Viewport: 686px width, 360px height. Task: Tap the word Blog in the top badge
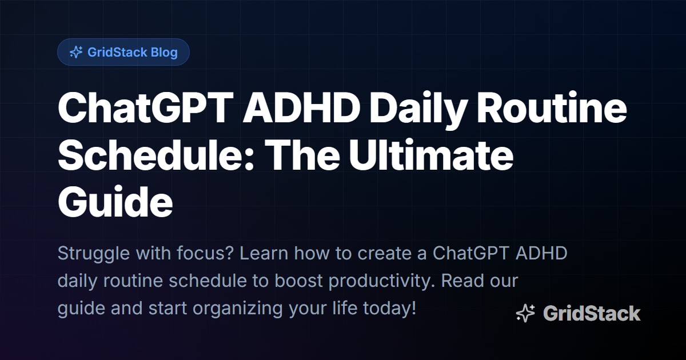pyautogui.click(x=165, y=53)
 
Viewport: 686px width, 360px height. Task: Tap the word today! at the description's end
pyautogui.click(x=390, y=309)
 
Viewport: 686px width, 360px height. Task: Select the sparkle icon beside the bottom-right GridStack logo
pyautogui.click(x=525, y=314)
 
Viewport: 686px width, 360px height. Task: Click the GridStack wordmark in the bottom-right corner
pyautogui.click(x=591, y=314)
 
